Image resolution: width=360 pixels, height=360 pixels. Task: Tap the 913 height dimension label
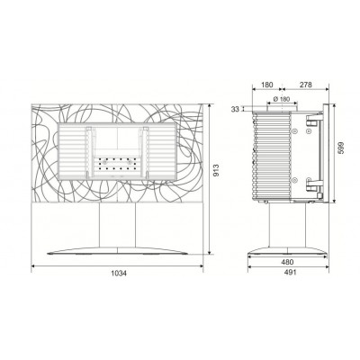(x=216, y=170)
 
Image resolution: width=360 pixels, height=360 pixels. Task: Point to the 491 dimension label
(x=290, y=273)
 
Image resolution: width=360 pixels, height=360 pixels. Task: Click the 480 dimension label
(x=287, y=262)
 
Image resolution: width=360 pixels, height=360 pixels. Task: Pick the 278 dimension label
(x=306, y=85)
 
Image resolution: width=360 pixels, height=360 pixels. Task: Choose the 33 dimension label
(x=235, y=110)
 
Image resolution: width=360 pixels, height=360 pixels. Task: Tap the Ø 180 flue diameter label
(x=282, y=99)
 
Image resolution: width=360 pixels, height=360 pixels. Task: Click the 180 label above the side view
(x=267, y=85)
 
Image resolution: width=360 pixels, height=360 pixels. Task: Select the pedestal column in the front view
(x=117, y=225)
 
